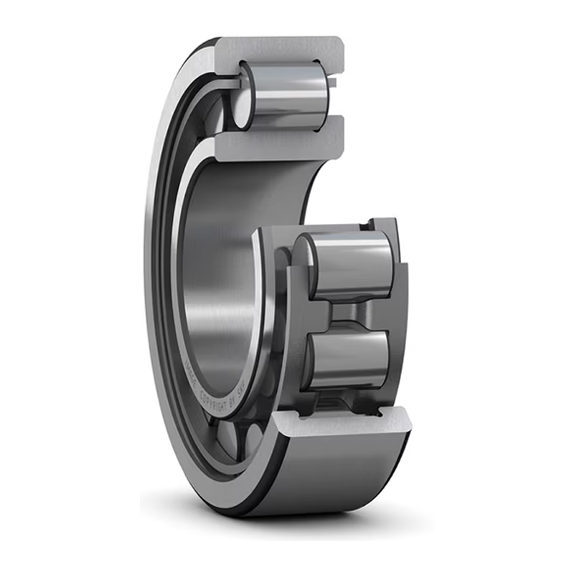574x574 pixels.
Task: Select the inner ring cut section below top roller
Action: (x=273, y=147)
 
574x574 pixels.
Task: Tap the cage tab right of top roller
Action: (x=332, y=83)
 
